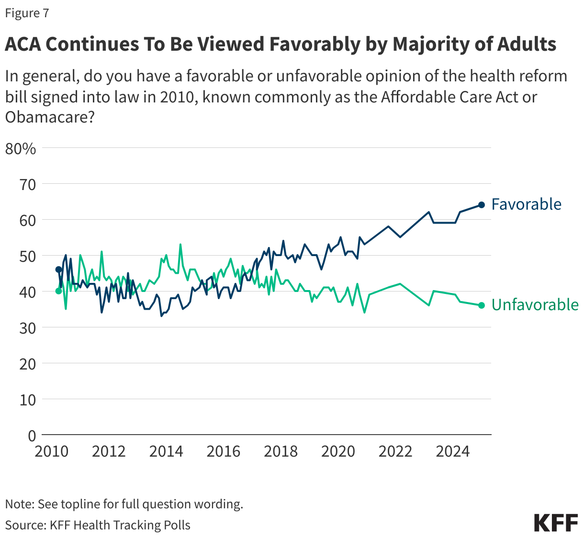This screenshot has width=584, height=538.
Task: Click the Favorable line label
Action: [x=526, y=204]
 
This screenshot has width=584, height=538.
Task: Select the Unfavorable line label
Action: [x=535, y=305]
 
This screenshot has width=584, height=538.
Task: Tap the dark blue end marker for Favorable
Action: [x=482, y=205]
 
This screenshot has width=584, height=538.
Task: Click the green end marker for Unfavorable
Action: [x=482, y=305]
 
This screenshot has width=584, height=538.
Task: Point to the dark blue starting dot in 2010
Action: [x=59, y=269]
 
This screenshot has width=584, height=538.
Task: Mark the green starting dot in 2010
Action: [x=59, y=291]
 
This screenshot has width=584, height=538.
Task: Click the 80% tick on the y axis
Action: [x=21, y=149]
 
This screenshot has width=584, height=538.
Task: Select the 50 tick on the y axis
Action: [x=27, y=256]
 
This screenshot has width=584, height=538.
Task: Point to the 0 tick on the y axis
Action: [x=32, y=436]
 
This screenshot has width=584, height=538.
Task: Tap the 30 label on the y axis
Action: [x=27, y=328]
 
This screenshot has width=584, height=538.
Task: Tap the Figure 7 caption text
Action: [x=27, y=13]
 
